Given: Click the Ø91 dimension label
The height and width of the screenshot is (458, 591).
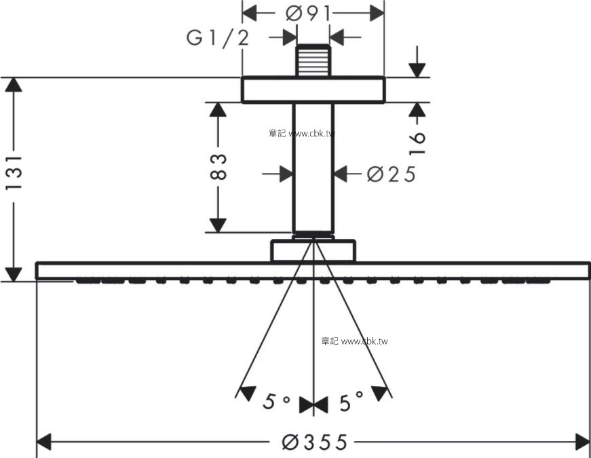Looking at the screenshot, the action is (x=308, y=14).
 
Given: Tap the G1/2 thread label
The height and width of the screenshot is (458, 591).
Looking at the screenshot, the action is (x=218, y=38).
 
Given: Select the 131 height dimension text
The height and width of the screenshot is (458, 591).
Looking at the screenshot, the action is (x=15, y=172).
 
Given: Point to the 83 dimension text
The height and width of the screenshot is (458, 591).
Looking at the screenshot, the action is (x=218, y=167).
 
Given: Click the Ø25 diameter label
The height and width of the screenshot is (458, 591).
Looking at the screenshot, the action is (x=392, y=174).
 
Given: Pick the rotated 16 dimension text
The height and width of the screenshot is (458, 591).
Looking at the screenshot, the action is (x=417, y=143).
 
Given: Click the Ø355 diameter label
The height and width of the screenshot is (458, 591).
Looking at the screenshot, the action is (x=314, y=442).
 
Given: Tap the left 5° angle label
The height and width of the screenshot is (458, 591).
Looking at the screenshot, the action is (x=276, y=402).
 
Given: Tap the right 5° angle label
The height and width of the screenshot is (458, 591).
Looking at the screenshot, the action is (x=351, y=401).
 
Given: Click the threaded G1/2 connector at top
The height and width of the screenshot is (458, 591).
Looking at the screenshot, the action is (x=313, y=60).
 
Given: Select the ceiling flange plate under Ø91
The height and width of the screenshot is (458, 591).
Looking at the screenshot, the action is (x=313, y=90).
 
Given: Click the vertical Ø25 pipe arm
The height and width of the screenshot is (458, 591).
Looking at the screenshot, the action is (x=313, y=168).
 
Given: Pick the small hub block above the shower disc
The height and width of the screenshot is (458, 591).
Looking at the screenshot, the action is (x=313, y=250).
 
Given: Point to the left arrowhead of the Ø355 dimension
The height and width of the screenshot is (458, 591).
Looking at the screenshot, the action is (x=43, y=442).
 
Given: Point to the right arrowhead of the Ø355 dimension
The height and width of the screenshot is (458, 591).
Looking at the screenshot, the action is (x=582, y=442).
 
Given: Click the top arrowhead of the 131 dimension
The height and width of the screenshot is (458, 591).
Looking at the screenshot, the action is (x=14, y=84).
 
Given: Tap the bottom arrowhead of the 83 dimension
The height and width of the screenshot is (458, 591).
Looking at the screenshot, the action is (x=218, y=225).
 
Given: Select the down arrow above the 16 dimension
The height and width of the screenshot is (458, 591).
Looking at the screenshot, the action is (x=417, y=70).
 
